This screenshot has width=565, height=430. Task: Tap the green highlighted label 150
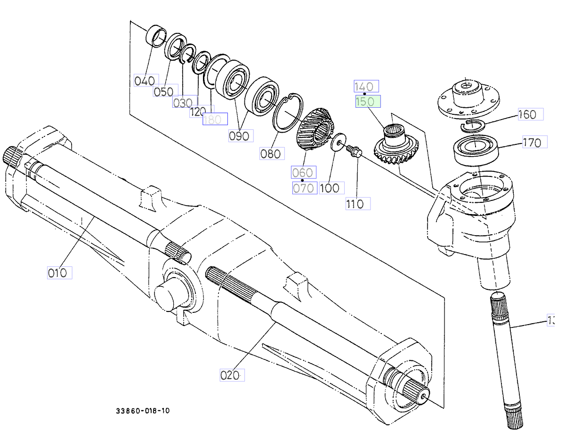[x=368, y=102]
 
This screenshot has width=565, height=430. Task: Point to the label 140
[x=366, y=87]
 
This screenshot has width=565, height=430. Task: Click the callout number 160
[x=530, y=114]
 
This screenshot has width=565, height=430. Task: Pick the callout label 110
[x=357, y=204]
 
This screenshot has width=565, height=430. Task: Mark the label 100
[x=331, y=188]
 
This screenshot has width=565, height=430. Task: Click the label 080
[x=272, y=153]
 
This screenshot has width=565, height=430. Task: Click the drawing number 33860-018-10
[x=143, y=411]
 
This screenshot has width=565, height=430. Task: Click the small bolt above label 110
[x=353, y=151]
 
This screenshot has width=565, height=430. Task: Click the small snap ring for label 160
[x=471, y=124]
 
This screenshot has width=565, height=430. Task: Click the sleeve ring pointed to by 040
[x=156, y=36]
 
